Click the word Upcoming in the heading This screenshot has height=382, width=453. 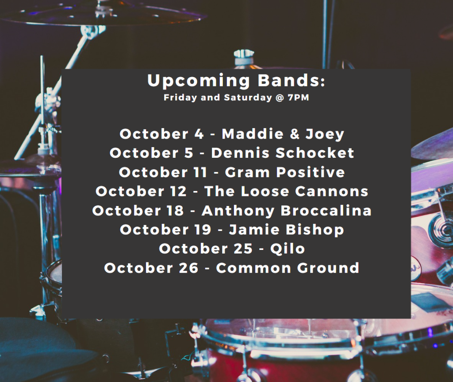pyautogui.click(x=199, y=81)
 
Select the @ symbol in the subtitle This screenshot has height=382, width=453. pyautogui.click(x=280, y=98)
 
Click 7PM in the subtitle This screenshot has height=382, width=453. pyautogui.click(x=299, y=97)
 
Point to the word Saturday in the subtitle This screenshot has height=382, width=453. pyautogui.click(x=248, y=98)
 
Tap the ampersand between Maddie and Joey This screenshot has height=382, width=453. pyautogui.click(x=295, y=134)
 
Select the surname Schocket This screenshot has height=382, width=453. pyautogui.click(x=315, y=153)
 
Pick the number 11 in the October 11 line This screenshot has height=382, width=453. pyautogui.click(x=200, y=172)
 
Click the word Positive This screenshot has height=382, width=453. pyautogui.click(x=311, y=172)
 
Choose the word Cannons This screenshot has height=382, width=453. pyautogui.click(x=332, y=191)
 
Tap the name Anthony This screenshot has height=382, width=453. pyautogui.click(x=238, y=211)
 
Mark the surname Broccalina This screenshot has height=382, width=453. pyautogui.click(x=326, y=210)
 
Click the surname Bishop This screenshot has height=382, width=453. pyautogui.click(x=315, y=230)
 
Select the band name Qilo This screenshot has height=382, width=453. pyautogui.click(x=288, y=249)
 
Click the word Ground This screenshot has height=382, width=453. pyautogui.click(x=328, y=268)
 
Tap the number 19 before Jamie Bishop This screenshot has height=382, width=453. pyautogui.click(x=202, y=230)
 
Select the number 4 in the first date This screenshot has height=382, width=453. pyautogui.click(x=199, y=134)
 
